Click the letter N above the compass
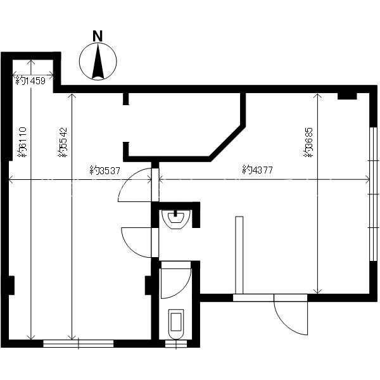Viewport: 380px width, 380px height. [x=98, y=35]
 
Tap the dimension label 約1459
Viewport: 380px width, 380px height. [x=30, y=80]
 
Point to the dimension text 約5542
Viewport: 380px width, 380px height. [x=63, y=142]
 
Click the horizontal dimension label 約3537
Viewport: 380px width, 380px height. [x=105, y=170]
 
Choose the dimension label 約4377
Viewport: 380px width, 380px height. [x=257, y=170]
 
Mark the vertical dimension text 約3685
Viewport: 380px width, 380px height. [x=308, y=142]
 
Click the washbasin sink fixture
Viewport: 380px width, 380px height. [x=176, y=219]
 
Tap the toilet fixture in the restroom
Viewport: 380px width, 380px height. [x=176, y=324]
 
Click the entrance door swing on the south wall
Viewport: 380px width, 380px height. [x=291, y=315]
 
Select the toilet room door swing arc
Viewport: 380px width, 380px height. [x=175, y=284]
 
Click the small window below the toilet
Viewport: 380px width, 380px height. [x=176, y=344]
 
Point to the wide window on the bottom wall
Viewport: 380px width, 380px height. [x=79, y=344]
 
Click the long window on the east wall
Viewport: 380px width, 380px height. [x=374, y=194]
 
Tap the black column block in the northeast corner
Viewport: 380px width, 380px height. [x=347, y=96]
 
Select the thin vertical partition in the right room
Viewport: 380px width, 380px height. [x=239, y=255]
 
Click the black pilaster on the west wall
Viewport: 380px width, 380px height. [x=11, y=285]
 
